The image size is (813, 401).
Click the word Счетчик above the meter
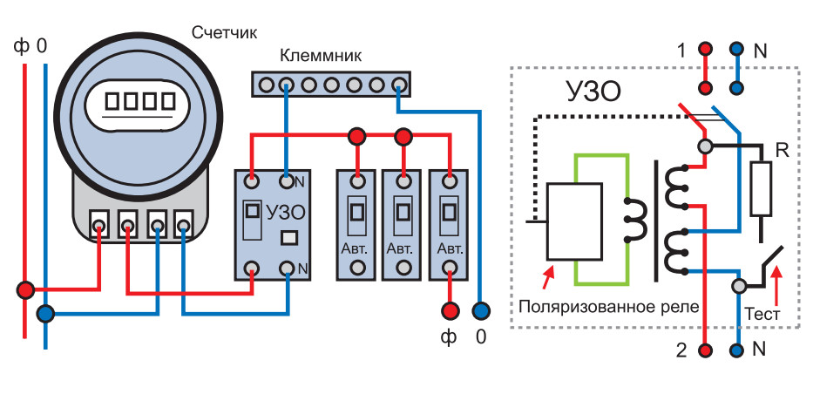225,34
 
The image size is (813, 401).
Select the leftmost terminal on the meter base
100,226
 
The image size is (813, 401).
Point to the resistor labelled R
761,188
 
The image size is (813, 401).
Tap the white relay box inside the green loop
573,221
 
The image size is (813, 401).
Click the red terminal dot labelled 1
706,50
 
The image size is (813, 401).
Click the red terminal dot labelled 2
706,350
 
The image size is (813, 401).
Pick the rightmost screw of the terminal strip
398,85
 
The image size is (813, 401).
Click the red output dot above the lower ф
450,309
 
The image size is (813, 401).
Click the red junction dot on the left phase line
26,289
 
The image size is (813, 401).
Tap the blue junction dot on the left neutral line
46,312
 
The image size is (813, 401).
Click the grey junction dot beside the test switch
739,285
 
